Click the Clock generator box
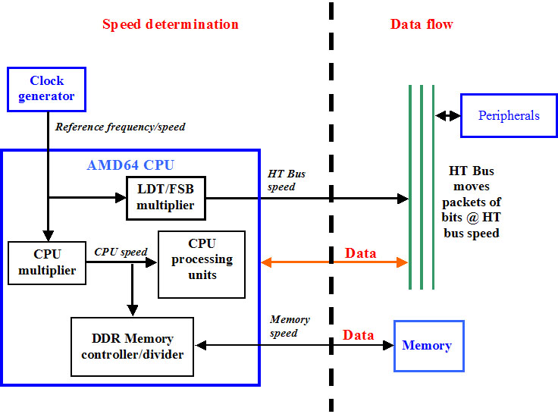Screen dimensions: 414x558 click(46, 89)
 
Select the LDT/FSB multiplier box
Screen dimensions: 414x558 click(165, 198)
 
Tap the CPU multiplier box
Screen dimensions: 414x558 click(46, 262)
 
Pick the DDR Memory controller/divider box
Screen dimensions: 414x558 click(133, 347)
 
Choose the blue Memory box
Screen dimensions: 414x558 click(428, 346)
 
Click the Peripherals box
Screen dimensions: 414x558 click(509, 115)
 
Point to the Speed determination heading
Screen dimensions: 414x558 click(171, 24)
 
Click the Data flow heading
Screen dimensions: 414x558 click(422, 24)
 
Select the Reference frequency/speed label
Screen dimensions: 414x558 click(120, 127)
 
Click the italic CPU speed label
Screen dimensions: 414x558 click(121, 252)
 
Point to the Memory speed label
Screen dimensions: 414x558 click(289, 326)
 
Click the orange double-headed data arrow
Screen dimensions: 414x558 click(334, 262)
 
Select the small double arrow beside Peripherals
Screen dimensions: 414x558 click(447, 116)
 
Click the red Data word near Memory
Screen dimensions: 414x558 click(358, 335)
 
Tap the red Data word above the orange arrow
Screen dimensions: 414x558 click(360, 252)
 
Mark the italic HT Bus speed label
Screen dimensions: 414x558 click(287, 180)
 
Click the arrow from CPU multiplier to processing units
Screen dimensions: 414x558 click(121, 263)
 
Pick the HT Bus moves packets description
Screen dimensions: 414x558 click(471, 202)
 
